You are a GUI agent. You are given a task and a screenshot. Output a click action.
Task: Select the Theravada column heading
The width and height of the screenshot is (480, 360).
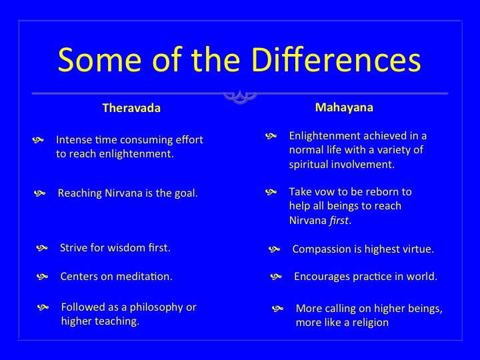coord(131,108)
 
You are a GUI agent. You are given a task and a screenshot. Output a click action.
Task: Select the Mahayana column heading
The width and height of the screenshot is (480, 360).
coord(344,107)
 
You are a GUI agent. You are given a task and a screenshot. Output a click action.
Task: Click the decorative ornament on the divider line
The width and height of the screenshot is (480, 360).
coord(240,97)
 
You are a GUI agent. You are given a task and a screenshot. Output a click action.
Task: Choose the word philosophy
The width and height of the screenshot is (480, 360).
coord(157,307)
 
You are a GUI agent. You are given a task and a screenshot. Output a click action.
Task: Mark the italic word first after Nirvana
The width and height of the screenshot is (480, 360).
coord(339,221)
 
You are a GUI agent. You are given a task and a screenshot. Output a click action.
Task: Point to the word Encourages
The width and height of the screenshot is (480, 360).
coord(322,277)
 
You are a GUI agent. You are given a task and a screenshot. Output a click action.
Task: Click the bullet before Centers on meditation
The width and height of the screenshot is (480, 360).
coord(42,277)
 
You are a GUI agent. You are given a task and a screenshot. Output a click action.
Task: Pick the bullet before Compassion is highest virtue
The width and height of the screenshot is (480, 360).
coord(274,249)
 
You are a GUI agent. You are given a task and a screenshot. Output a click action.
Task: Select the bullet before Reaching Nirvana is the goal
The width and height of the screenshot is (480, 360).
coord(39,193)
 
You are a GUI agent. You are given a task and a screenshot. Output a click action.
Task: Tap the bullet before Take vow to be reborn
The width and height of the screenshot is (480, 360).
coord(271,192)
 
